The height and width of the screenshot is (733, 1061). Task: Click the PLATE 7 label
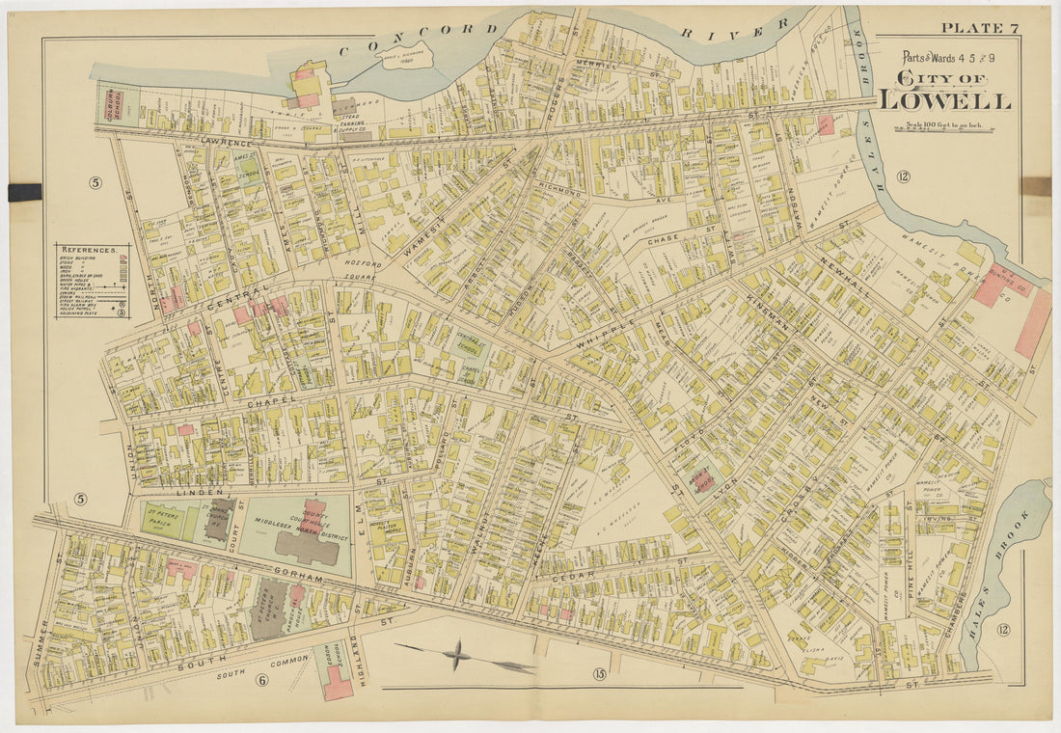979,27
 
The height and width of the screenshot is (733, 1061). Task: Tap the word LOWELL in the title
944,99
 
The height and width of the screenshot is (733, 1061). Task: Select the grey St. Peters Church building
269,610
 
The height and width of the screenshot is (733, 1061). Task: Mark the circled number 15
599,673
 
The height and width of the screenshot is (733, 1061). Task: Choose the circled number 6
260,680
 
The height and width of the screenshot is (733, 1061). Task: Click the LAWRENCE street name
226,142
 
